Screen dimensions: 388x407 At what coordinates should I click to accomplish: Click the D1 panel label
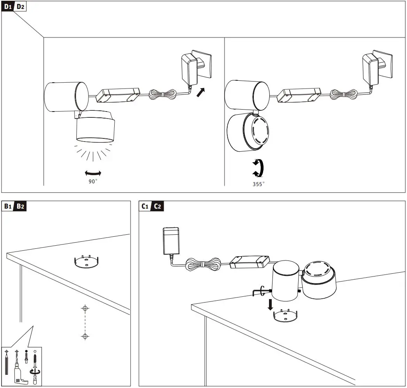click(x=8, y=7)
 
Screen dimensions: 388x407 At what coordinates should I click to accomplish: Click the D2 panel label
click(x=20, y=7)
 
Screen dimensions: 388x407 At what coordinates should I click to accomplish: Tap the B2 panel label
click(x=20, y=206)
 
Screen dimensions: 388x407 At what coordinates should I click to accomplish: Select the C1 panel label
click(x=145, y=206)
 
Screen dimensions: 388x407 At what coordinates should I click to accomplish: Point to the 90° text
click(x=93, y=181)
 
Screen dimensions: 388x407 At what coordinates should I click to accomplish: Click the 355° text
click(x=258, y=184)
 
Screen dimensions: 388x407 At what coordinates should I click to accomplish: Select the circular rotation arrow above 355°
click(x=258, y=168)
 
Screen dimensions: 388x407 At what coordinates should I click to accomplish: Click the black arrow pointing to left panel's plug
click(x=201, y=93)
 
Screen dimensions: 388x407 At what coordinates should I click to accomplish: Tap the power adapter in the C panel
click(x=171, y=242)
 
